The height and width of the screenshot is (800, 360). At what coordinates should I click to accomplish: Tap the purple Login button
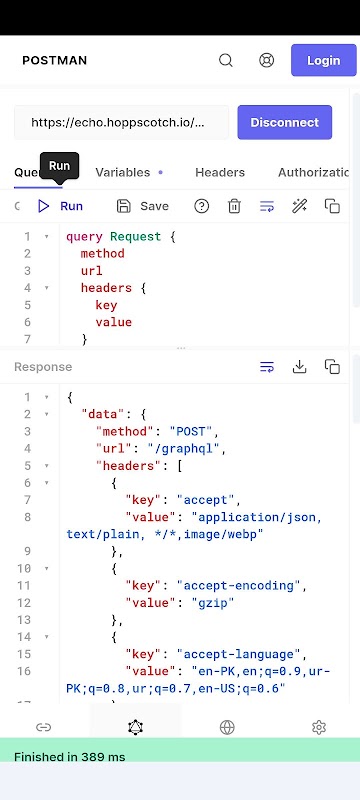point(323,60)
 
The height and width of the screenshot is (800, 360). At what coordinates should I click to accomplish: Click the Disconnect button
point(285,122)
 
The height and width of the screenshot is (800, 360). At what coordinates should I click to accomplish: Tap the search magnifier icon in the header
point(226,60)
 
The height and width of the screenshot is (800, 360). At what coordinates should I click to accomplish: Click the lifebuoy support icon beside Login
point(266,60)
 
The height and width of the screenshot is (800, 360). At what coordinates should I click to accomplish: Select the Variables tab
point(123,172)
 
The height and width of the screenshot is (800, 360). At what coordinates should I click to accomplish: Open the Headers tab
point(220,172)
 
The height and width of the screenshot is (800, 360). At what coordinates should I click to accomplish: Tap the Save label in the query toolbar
point(155,206)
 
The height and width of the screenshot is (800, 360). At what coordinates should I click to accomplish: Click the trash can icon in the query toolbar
point(234,206)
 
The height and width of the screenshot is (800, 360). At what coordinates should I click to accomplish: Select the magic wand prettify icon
point(299,206)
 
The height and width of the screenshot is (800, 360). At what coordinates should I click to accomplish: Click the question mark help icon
point(201,206)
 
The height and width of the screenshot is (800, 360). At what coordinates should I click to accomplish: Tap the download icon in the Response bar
point(299,366)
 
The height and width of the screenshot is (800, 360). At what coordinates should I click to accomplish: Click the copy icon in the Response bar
point(332,366)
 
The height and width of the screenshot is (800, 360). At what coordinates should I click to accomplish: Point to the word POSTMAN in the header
point(55,60)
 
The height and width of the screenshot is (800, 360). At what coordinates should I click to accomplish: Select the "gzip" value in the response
point(213,603)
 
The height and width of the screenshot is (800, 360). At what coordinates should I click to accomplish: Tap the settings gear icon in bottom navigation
point(319,727)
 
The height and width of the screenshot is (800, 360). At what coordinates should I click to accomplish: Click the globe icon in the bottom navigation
point(227,727)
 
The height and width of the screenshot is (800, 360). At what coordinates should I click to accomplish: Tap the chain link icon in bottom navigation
point(43,727)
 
